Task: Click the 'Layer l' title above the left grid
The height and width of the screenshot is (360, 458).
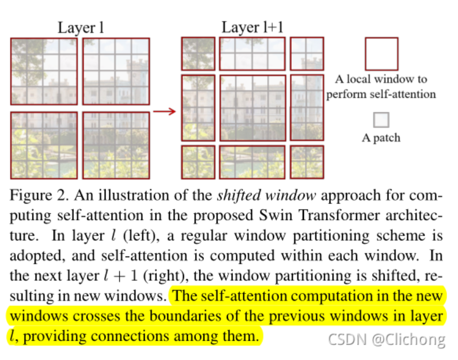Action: [x=81, y=28]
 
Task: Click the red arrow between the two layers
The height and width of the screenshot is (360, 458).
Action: [x=165, y=111]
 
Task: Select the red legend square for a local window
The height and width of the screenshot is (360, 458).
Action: [x=381, y=54]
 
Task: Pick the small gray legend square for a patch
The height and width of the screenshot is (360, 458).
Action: [x=381, y=120]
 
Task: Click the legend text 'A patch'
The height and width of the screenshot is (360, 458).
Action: [x=381, y=138]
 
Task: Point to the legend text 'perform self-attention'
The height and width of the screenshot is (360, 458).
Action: [x=381, y=95]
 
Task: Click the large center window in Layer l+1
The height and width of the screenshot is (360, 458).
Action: [x=253, y=108]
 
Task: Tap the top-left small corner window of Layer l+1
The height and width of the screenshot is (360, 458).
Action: [x=198, y=53]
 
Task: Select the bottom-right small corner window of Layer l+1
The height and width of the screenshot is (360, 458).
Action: [x=307, y=162]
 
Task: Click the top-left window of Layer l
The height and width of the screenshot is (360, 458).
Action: [x=44, y=71]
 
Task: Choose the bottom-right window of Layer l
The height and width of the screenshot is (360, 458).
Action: [x=116, y=145]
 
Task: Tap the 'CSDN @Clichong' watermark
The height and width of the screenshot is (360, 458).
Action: [x=386, y=340]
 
